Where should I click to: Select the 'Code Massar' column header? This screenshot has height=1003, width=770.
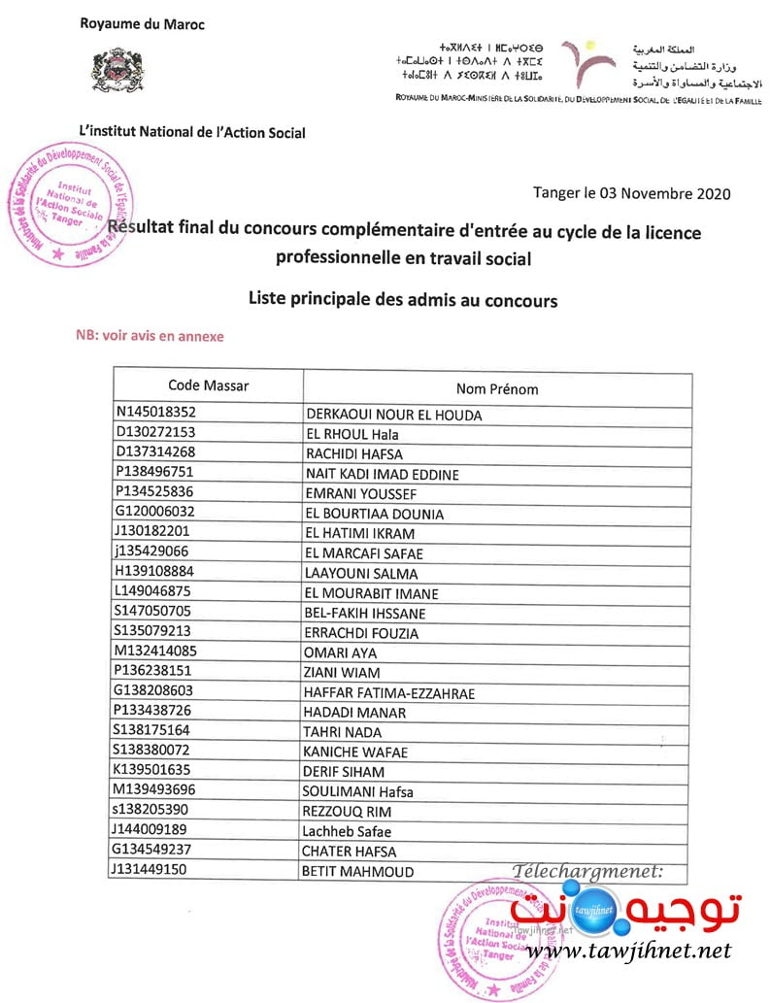208,385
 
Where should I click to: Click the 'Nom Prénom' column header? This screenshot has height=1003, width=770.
497,388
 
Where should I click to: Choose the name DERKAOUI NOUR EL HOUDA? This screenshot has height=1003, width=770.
393,415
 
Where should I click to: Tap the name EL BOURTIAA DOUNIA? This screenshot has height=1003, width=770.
374,514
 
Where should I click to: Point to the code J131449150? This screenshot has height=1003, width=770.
155,869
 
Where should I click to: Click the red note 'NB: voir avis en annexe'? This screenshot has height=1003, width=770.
150,336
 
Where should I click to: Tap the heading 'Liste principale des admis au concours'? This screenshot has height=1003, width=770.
403,300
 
